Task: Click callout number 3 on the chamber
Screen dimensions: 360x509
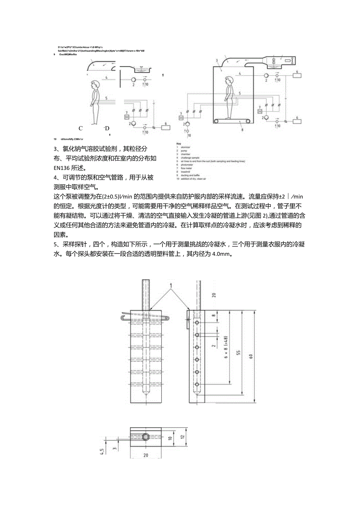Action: (x=216, y=61)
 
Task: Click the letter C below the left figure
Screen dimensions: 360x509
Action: (x=81, y=128)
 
